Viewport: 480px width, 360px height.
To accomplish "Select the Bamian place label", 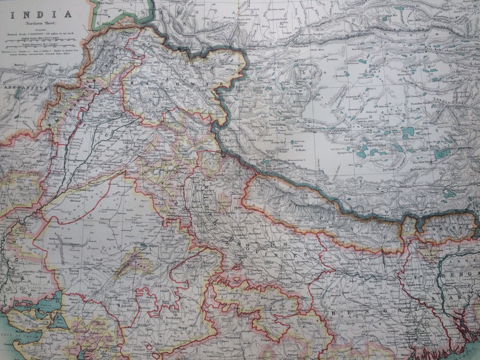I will point(19,65).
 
